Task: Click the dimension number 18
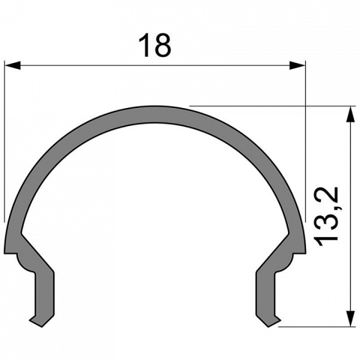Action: [x=154, y=46]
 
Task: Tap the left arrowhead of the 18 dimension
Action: [x=12, y=64]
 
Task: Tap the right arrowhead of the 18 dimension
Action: [x=298, y=64]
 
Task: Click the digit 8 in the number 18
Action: [x=163, y=46]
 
